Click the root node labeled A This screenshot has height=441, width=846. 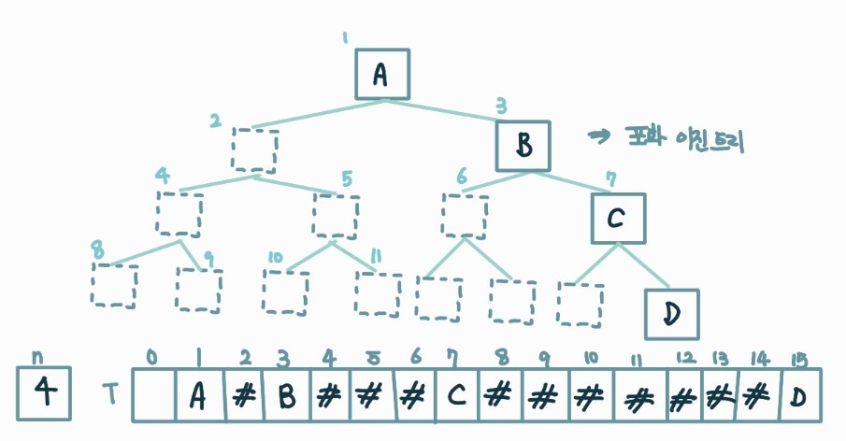click(382, 74)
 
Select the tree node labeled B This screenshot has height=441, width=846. click(523, 146)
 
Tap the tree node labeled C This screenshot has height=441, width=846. click(618, 218)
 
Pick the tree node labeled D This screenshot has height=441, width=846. click(671, 314)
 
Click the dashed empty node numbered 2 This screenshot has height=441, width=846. click(255, 149)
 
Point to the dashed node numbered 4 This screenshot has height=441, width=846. click(179, 214)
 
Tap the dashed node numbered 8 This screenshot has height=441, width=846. click(114, 286)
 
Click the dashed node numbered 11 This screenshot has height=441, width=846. click(378, 294)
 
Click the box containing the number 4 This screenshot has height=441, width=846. click(43, 392)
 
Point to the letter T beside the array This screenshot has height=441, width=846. click(110, 396)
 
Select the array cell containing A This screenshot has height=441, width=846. click(198, 396)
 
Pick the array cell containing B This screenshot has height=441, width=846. click(286, 396)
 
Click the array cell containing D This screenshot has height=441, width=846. click(798, 396)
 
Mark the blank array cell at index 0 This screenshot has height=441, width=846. click(155, 396)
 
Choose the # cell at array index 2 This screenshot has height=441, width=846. click(243, 396)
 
